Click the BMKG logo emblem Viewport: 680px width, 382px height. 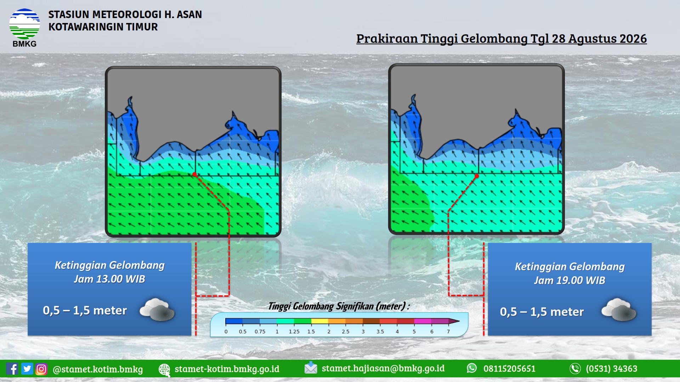[24, 24]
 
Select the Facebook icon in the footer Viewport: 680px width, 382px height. [12, 369]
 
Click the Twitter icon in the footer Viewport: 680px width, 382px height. [27, 369]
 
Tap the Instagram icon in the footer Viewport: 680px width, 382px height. [41, 369]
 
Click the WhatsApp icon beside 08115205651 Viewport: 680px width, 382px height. [472, 368]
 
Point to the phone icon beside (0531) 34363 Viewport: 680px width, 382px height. [575, 369]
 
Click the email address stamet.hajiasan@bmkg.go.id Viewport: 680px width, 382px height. [383, 368]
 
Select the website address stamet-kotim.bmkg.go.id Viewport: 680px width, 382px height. [227, 369]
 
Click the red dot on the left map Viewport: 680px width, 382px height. [194, 174]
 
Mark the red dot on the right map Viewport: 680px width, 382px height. [477, 176]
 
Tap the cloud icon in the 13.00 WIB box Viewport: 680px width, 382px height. [157, 309]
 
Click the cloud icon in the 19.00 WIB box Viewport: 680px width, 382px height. [619, 309]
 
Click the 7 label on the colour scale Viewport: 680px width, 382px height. [448, 331]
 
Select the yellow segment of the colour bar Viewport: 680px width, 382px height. [320, 321]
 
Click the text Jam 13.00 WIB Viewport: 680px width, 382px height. [109, 279]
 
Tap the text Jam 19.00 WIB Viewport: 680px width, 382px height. [569, 280]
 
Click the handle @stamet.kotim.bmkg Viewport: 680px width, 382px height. [98, 369]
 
